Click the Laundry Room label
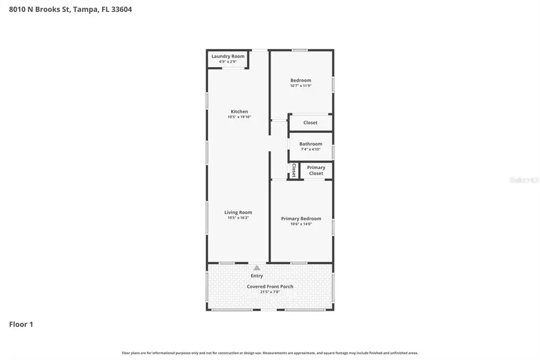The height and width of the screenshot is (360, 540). click(228, 56)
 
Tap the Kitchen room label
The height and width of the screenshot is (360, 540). click(239, 112)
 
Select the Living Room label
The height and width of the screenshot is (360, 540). click(238, 212)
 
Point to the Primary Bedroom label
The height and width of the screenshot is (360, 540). click(301, 218)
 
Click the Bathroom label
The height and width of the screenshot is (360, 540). click(311, 144)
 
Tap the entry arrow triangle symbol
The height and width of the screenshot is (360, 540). click(257, 268)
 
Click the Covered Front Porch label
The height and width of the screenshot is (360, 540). click(270, 287)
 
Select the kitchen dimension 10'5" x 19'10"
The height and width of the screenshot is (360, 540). click(239, 117)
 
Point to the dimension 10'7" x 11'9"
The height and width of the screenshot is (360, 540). click(301, 86)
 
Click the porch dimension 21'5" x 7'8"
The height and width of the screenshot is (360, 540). click(270, 292)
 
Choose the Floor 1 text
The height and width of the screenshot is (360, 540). click(21, 325)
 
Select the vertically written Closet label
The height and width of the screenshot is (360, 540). click(294, 170)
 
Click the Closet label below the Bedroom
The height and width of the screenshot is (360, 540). click(310, 122)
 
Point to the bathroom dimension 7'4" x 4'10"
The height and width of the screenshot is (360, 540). click(311, 149)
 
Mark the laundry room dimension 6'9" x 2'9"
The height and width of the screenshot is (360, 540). click(228, 62)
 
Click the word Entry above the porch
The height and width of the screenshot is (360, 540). click(257, 276)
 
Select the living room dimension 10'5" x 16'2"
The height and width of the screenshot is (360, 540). click(238, 218)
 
